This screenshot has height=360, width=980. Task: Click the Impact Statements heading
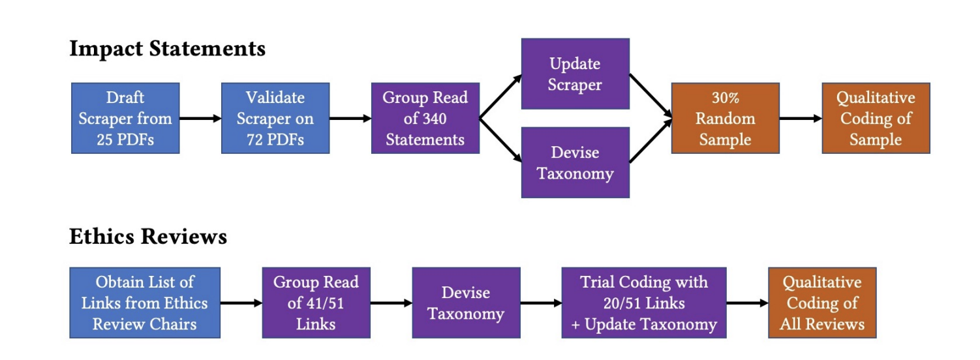click(x=167, y=49)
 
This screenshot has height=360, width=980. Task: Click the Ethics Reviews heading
click(x=148, y=236)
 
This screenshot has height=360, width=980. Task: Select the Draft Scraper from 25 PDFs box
click(x=125, y=118)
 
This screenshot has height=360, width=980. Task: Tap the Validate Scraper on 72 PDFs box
click(x=275, y=118)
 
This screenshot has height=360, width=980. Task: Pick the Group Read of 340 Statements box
click(x=425, y=118)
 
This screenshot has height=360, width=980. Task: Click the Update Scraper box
click(x=575, y=74)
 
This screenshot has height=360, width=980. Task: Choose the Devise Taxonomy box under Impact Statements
click(x=575, y=162)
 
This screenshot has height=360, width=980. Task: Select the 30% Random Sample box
click(x=725, y=118)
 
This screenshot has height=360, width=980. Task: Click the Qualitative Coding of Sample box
click(x=876, y=118)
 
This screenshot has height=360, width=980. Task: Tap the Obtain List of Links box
click(x=144, y=303)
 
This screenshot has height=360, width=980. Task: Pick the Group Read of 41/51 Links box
click(x=316, y=303)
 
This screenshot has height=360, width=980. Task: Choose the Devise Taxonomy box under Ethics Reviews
click(x=466, y=303)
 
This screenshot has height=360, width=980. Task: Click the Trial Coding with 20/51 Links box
click(x=643, y=303)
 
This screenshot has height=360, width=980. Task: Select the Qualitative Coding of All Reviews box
click(x=821, y=303)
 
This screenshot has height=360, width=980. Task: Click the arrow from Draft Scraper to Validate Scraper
click(x=200, y=119)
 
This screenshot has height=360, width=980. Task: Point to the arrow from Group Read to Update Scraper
click(x=500, y=97)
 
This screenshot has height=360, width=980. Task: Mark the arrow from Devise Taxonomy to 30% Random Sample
click(x=651, y=140)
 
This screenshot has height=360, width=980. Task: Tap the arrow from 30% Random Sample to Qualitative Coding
click(x=800, y=119)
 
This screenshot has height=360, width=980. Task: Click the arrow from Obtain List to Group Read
click(x=241, y=303)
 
